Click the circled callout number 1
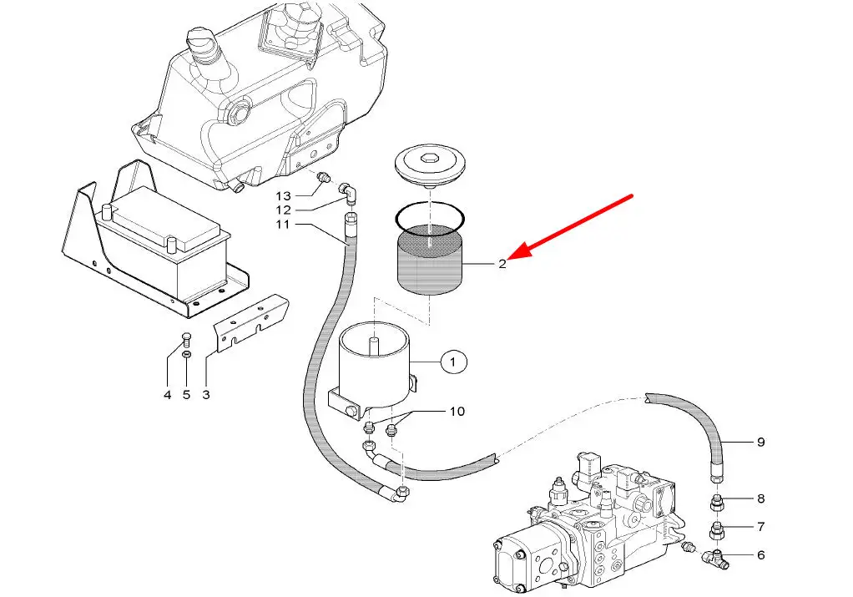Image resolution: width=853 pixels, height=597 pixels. [454, 362]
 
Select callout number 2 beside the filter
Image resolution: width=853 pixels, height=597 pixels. [502, 264]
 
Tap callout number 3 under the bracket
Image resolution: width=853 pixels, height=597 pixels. [206, 394]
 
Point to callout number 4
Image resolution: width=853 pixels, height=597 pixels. [167, 394]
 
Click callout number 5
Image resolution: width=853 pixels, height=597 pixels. [186, 394]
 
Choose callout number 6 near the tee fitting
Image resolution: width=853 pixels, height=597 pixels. [760, 555]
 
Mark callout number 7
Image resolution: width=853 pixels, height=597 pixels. [760, 527]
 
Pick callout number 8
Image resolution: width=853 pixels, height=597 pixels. [760, 499]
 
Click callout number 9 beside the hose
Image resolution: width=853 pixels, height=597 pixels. [760, 443]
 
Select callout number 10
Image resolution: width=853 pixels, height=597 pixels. [457, 412]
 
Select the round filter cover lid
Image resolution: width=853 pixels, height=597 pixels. [429, 163]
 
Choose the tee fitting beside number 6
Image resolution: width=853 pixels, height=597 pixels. [715, 556]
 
